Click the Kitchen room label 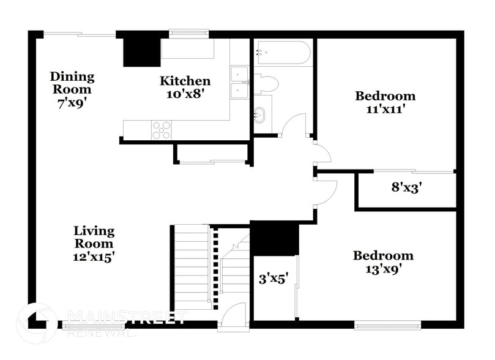tap(185, 81)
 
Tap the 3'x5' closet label tap(274, 280)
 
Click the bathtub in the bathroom tap(283, 53)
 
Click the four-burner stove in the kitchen tap(162, 130)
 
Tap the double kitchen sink tap(239, 83)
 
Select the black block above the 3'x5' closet tap(275, 239)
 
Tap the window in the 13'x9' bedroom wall tap(388, 325)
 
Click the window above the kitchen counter tap(188, 34)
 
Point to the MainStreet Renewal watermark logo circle tap(37, 322)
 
